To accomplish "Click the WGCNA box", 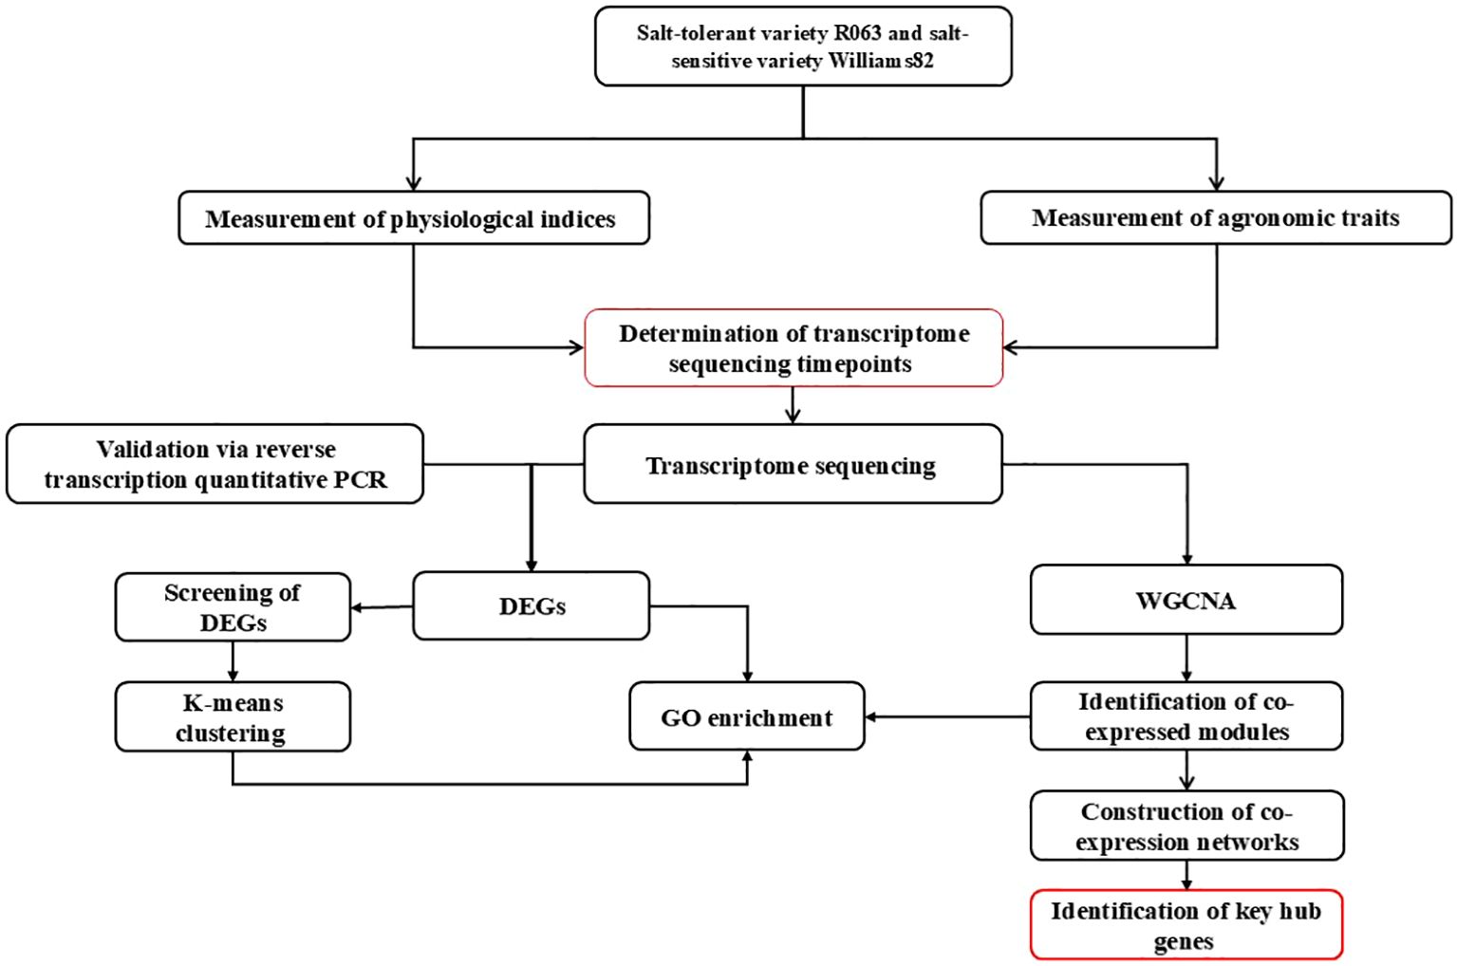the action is coord(1186,600).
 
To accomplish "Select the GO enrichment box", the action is coord(747,716).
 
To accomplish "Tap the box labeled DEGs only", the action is coord(531,605).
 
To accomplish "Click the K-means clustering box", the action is coord(233,716).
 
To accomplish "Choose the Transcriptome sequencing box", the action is coord(793,464).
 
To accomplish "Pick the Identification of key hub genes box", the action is coord(1186,924).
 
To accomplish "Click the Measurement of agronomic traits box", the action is coord(1216,217).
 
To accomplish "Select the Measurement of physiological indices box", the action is coord(414,217).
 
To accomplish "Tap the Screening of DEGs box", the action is coord(233,607).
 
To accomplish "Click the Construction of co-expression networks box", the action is coord(1187,826).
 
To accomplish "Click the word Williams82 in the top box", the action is coord(881,61).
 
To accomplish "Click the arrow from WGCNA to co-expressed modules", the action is coord(1186,658).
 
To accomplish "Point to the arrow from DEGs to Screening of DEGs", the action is coord(382,607).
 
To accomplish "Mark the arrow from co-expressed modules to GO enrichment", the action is coord(947,717).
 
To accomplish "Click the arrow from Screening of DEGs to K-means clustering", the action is coord(233,661).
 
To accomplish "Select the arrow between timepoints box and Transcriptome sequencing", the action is coord(793,405).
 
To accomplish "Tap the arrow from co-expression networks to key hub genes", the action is coord(1186,875).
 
